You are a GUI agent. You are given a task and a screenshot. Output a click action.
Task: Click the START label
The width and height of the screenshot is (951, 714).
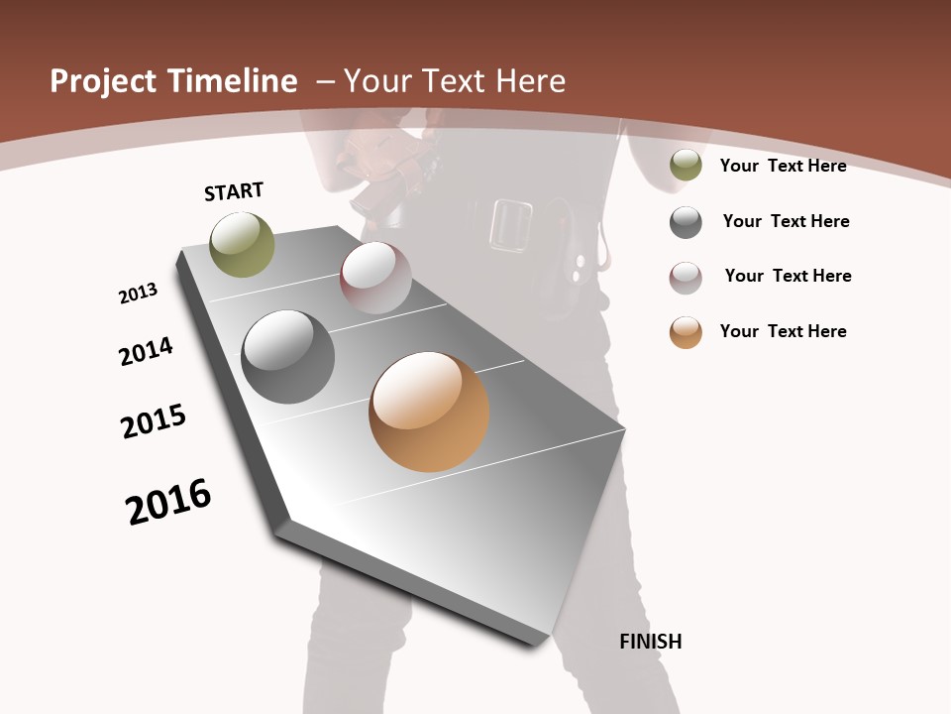click(x=234, y=191)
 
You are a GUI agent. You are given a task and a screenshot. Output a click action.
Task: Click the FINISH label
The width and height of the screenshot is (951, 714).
click(x=651, y=642)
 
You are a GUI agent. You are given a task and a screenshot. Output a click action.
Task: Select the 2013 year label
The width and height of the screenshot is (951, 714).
click(x=138, y=294)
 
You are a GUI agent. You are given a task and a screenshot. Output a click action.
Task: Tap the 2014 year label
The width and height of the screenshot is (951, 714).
click(x=146, y=351)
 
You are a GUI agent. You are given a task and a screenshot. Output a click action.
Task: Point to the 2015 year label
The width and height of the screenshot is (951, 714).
click(x=154, y=420)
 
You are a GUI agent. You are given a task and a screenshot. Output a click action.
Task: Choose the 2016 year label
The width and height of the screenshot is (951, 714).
click(x=168, y=501)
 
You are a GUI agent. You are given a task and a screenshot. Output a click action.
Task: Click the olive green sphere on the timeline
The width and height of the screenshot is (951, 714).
click(x=242, y=244)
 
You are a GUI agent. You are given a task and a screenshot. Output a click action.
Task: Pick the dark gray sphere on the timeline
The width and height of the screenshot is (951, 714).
click(x=288, y=357)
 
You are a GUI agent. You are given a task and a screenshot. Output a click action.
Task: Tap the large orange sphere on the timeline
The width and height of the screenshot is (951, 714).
click(x=429, y=412)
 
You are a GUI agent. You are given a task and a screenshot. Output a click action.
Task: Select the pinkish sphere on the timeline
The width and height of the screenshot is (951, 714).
click(x=375, y=278)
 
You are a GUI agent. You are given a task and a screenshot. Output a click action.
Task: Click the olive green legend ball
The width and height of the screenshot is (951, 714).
click(x=686, y=165)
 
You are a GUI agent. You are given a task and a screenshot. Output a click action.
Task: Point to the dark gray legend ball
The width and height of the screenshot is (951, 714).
click(x=686, y=222)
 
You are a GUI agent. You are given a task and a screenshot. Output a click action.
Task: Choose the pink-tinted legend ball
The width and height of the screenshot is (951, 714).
click(x=686, y=278)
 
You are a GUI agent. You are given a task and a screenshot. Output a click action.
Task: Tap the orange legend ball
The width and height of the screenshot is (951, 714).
click(x=686, y=332)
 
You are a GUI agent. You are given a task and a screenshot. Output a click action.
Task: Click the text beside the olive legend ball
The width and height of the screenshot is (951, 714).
click(x=783, y=166)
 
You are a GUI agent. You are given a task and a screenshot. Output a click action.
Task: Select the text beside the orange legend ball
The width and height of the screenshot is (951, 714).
click(x=783, y=331)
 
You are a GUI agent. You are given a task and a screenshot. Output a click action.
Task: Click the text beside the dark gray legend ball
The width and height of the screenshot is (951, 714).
click(x=786, y=221)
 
